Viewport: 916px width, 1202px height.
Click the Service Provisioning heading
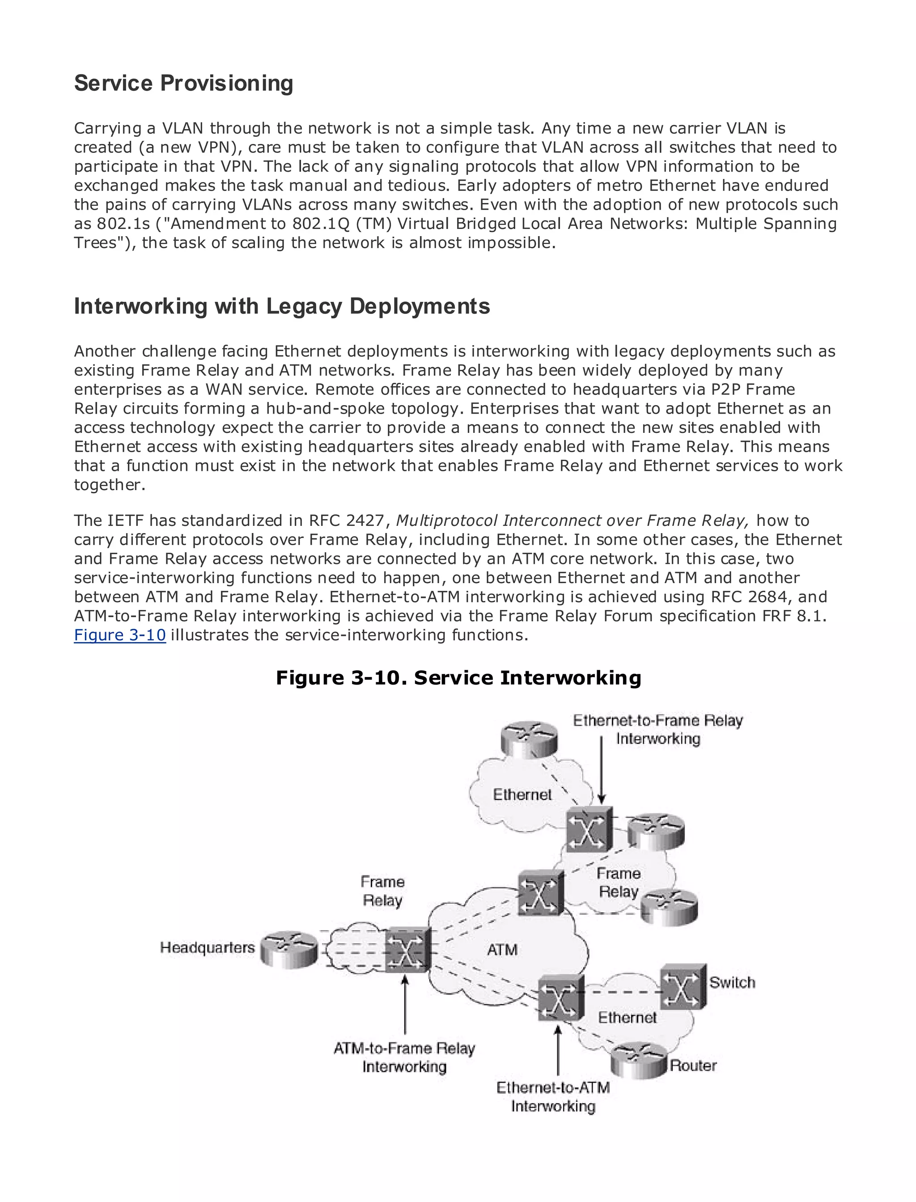tap(183, 84)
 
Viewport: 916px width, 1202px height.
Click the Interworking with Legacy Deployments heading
tap(281, 306)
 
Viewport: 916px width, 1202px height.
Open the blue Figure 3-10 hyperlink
tap(119, 635)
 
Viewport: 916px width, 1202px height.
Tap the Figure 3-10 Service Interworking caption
tap(458, 677)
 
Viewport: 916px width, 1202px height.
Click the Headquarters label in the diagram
tap(207, 948)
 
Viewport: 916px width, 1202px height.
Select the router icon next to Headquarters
tap(288, 948)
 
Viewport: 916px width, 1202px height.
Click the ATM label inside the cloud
tap(502, 950)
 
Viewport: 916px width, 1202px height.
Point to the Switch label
tap(732, 982)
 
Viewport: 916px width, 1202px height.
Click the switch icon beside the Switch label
tap(683, 987)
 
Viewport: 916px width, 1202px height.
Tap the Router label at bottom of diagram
tap(692, 1065)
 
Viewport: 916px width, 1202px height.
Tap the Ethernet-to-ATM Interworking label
tap(553, 1097)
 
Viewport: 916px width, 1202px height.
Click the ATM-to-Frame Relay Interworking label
tap(404, 1058)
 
